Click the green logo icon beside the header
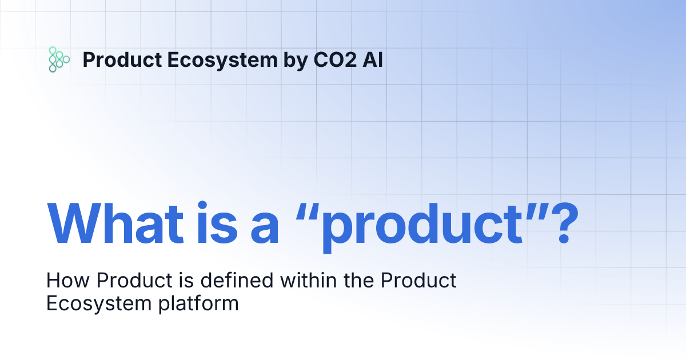click(58, 59)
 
